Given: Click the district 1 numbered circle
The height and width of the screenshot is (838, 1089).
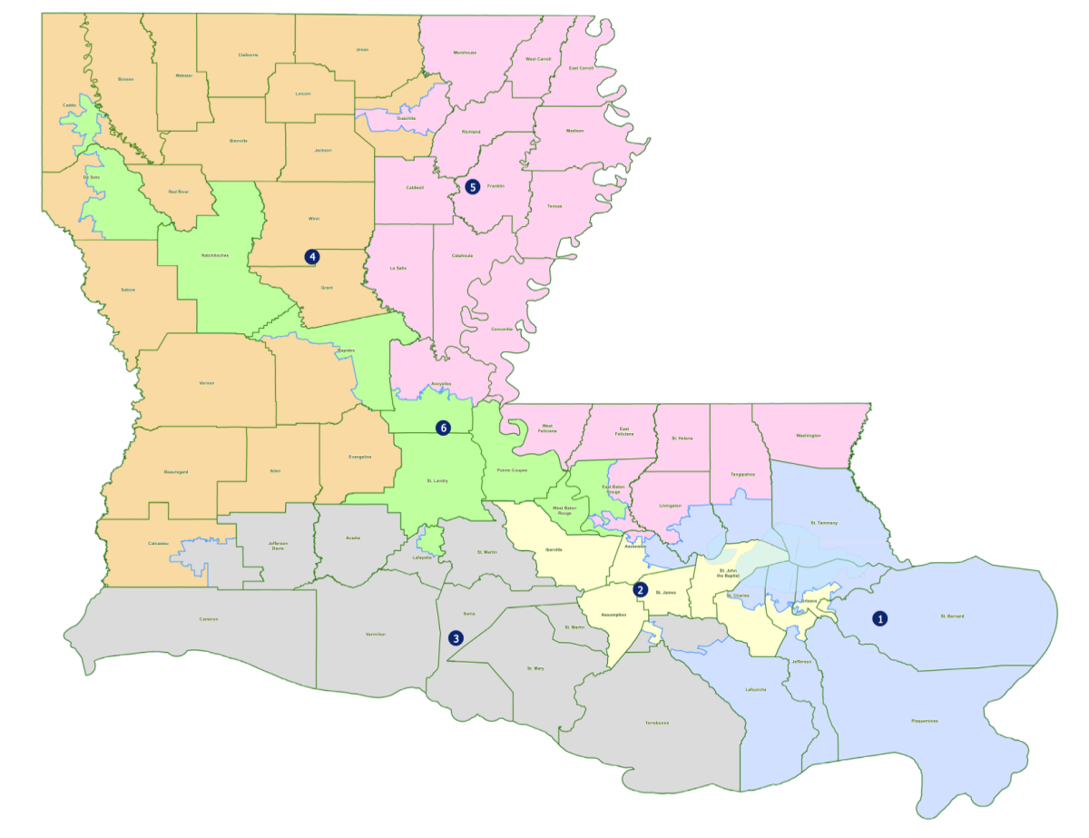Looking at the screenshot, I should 879,618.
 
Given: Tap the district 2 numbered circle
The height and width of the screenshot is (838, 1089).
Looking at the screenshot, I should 641,589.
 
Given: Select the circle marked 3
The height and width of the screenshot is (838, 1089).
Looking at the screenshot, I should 456,638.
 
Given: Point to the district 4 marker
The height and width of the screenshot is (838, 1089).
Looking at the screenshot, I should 312,257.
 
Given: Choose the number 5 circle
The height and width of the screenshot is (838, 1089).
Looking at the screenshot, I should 472,187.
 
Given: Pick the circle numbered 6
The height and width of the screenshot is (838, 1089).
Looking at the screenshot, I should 443,427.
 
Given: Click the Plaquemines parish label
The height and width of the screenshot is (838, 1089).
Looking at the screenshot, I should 925,722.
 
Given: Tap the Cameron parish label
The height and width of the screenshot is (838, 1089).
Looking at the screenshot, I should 211,619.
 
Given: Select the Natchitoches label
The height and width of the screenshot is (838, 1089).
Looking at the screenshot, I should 214,256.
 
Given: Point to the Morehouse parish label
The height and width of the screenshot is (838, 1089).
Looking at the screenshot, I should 465,54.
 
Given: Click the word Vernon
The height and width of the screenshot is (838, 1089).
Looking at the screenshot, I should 206,383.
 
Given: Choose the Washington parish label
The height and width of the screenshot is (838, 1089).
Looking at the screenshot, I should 808,436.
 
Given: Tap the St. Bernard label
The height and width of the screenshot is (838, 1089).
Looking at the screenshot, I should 951,617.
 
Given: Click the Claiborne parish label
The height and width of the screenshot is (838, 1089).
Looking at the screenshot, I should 249,55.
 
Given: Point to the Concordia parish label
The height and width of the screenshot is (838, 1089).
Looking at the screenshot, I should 500,329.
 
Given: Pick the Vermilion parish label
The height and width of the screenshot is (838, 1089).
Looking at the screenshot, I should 376,634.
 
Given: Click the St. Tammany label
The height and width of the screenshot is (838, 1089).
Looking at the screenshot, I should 823,524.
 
